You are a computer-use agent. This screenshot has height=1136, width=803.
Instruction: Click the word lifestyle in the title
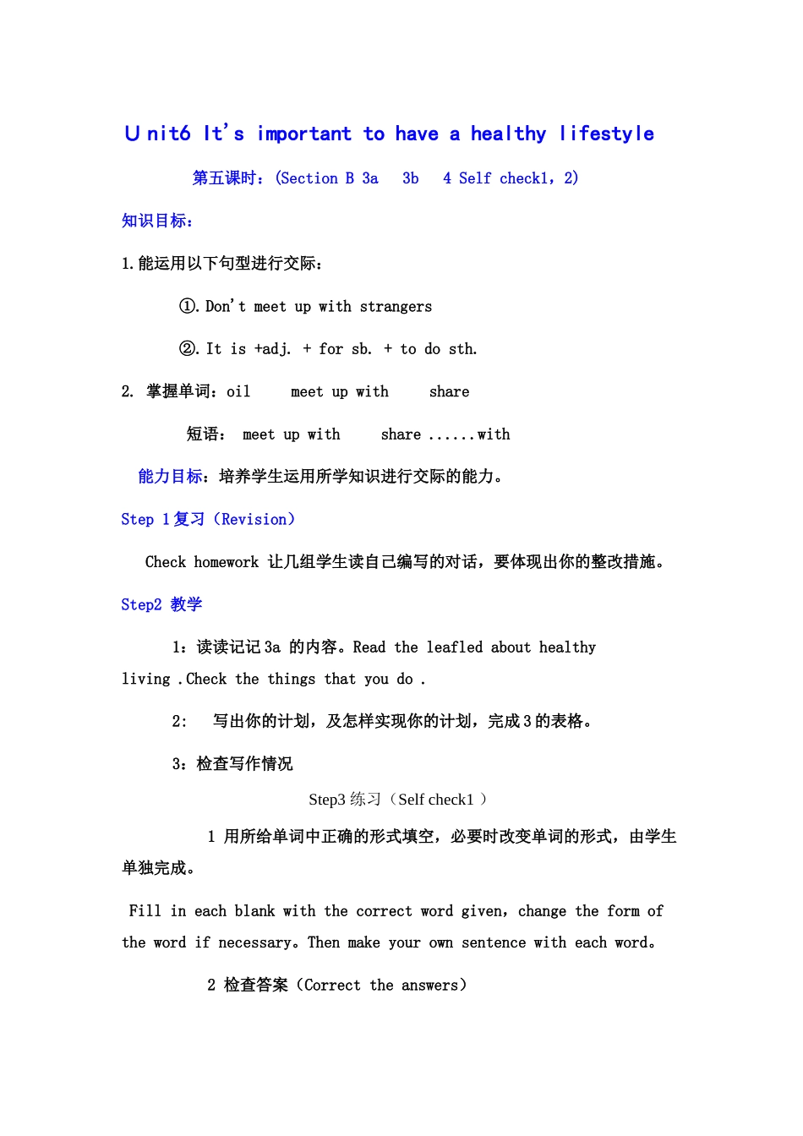click(x=606, y=134)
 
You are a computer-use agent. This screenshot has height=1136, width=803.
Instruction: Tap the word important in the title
click(x=303, y=134)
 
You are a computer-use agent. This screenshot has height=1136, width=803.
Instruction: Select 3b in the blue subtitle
click(x=410, y=178)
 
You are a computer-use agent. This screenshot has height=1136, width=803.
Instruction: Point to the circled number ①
click(x=188, y=306)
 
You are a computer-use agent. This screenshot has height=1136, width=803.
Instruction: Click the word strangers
click(x=396, y=306)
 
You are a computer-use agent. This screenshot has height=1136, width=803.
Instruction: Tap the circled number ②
click(x=188, y=348)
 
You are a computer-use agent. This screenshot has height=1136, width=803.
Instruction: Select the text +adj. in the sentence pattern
click(x=272, y=349)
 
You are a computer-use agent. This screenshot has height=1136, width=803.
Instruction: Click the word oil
click(x=238, y=391)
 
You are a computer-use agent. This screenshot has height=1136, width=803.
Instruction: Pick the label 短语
click(x=204, y=434)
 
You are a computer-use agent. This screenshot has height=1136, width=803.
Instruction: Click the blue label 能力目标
click(x=171, y=477)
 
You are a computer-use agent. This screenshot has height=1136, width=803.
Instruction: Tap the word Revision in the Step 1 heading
click(x=254, y=519)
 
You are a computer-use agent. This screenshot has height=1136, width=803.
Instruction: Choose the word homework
click(x=227, y=562)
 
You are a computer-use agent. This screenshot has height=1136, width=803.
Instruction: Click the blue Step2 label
click(x=141, y=604)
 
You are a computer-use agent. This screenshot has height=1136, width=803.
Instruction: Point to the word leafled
click(x=454, y=647)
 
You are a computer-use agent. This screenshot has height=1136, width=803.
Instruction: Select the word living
click(x=145, y=679)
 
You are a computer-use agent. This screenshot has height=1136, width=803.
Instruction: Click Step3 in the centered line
click(x=327, y=800)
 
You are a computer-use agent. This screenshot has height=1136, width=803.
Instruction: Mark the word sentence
click(x=493, y=942)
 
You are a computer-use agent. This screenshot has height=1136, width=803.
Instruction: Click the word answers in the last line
click(x=429, y=985)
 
